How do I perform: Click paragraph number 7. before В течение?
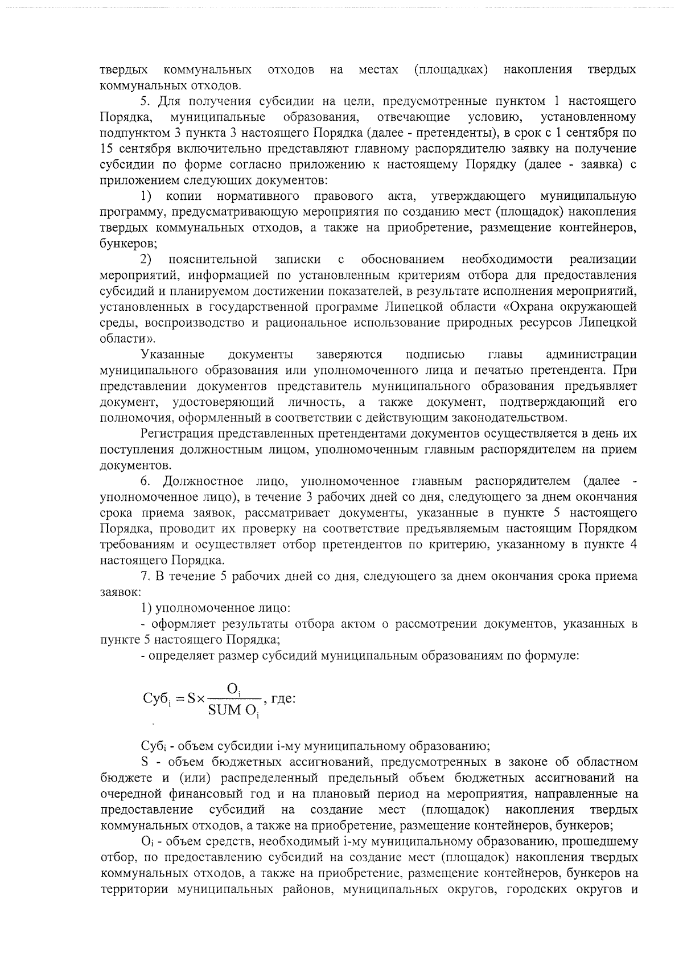pos(145,576)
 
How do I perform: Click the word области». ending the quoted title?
pos(120,339)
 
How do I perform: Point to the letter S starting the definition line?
pos(144,762)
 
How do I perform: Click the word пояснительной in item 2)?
pos(213,260)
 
